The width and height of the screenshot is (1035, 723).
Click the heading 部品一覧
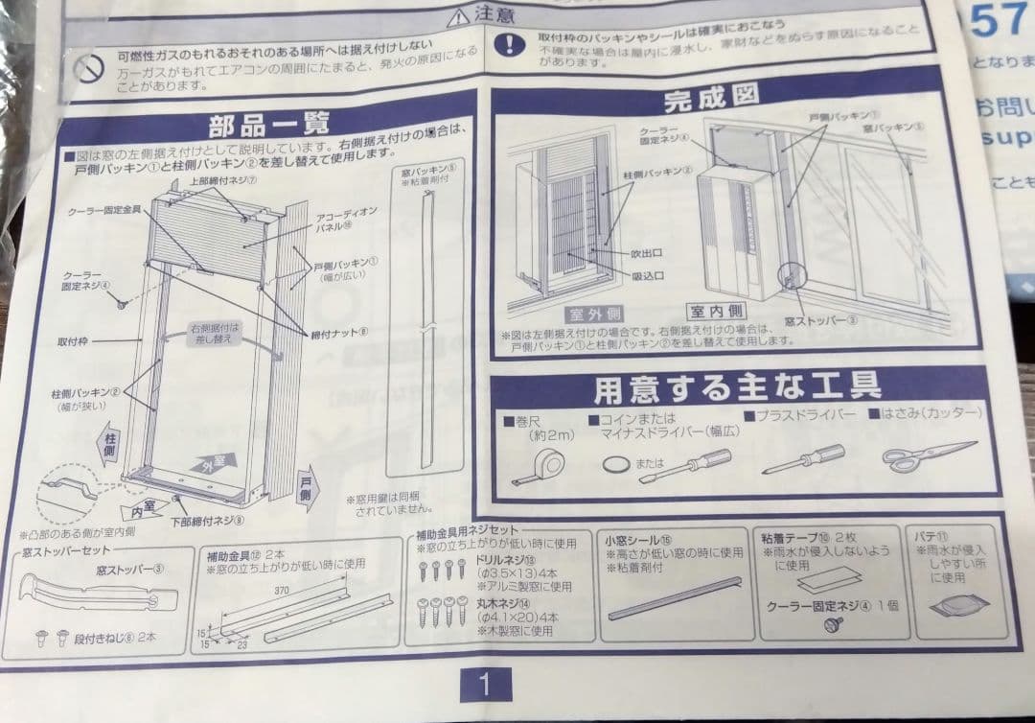point(269,123)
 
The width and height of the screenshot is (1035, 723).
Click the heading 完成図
point(711,96)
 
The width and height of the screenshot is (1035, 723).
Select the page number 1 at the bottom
point(484,684)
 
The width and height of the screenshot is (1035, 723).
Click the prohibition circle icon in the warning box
point(90,67)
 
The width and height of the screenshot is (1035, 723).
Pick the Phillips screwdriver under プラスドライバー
point(803,459)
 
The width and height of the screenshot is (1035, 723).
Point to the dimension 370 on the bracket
point(280,592)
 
